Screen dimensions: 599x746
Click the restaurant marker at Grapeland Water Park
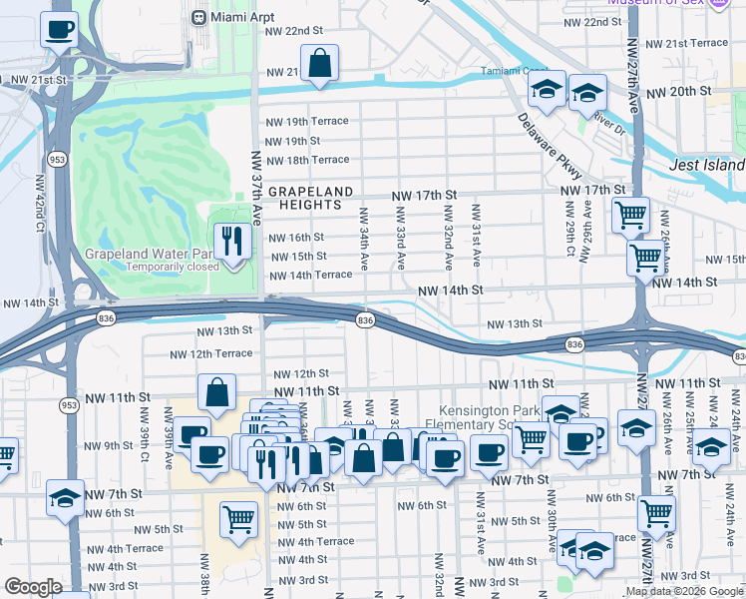234,241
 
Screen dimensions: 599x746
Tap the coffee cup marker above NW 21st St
60,29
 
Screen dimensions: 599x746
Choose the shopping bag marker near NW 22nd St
319,63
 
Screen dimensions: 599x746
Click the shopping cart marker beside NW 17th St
631,215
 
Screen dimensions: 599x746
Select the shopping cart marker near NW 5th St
239,518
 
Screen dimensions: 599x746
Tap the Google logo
34,587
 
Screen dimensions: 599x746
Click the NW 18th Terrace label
307,160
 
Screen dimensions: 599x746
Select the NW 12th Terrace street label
211,354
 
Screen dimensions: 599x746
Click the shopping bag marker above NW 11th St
217,394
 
